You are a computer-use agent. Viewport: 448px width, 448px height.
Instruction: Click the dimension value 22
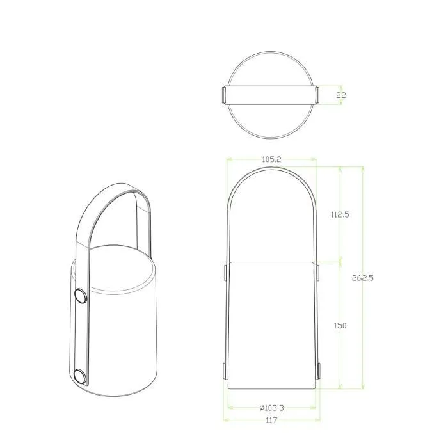click(341, 95)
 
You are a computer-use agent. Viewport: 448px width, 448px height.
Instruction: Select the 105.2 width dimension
click(271, 159)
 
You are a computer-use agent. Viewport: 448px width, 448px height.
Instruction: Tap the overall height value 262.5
click(363, 278)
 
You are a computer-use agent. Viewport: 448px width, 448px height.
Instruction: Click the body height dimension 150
click(340, 326)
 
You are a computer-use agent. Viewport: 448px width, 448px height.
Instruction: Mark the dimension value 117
click(271, 420)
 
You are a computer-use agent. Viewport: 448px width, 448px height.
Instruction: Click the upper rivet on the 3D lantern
click(81, 295)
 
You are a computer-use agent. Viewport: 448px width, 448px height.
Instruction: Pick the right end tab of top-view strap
click(316, 95)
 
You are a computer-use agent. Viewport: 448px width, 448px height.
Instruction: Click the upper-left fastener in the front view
click(225, 273)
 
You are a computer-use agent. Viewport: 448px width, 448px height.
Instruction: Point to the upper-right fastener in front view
click(317, 273)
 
